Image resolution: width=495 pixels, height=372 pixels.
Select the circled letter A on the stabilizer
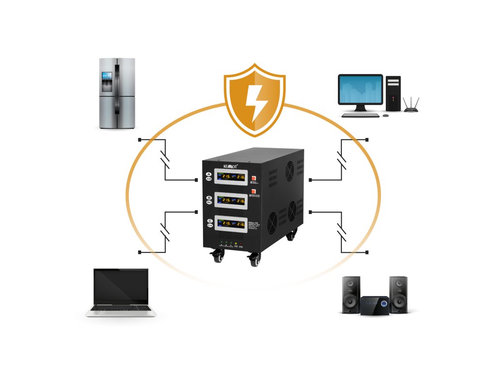209,174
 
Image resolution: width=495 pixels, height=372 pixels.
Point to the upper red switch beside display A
253,177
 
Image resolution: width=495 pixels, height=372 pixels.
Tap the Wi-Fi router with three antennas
411,107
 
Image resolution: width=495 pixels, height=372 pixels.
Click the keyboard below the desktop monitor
360,115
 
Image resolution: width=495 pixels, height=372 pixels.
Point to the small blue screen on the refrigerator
106,76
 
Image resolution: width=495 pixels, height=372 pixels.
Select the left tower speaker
351,294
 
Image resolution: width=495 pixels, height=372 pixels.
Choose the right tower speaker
398,294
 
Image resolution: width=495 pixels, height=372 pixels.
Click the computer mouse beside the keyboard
385,115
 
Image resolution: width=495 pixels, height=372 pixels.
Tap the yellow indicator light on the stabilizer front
235,243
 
